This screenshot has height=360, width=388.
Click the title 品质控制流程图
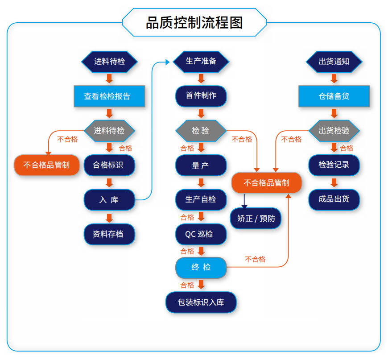click(194, 22)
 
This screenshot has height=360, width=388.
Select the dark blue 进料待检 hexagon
click(109, 62)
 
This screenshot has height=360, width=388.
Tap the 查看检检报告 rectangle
click(109, 96)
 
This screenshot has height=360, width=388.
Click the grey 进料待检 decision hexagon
click(109, 131)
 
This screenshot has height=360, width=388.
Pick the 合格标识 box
click(109, 165)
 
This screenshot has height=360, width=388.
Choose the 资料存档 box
click(109, 234)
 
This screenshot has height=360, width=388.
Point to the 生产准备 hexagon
click(201, 62)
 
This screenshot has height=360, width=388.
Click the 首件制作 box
click(201, 96)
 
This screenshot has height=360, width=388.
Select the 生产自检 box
click(201, 199)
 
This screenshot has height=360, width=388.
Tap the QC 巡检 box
click(201, 234)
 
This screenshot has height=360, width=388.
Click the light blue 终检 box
click(201, 268)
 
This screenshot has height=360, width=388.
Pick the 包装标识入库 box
click(201, 302)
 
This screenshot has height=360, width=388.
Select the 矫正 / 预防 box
click(256, 219)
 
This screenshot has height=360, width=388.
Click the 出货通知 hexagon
click(334, 62)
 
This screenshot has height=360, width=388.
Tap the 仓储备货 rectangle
click(334, 96)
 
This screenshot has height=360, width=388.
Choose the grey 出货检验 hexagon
click(334, 131)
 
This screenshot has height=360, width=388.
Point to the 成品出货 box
click(334, 199)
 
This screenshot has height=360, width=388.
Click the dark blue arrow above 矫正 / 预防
click(244, 201)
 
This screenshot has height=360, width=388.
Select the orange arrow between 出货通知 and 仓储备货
click(334, 79)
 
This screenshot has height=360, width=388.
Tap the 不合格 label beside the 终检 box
click(255, 259)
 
